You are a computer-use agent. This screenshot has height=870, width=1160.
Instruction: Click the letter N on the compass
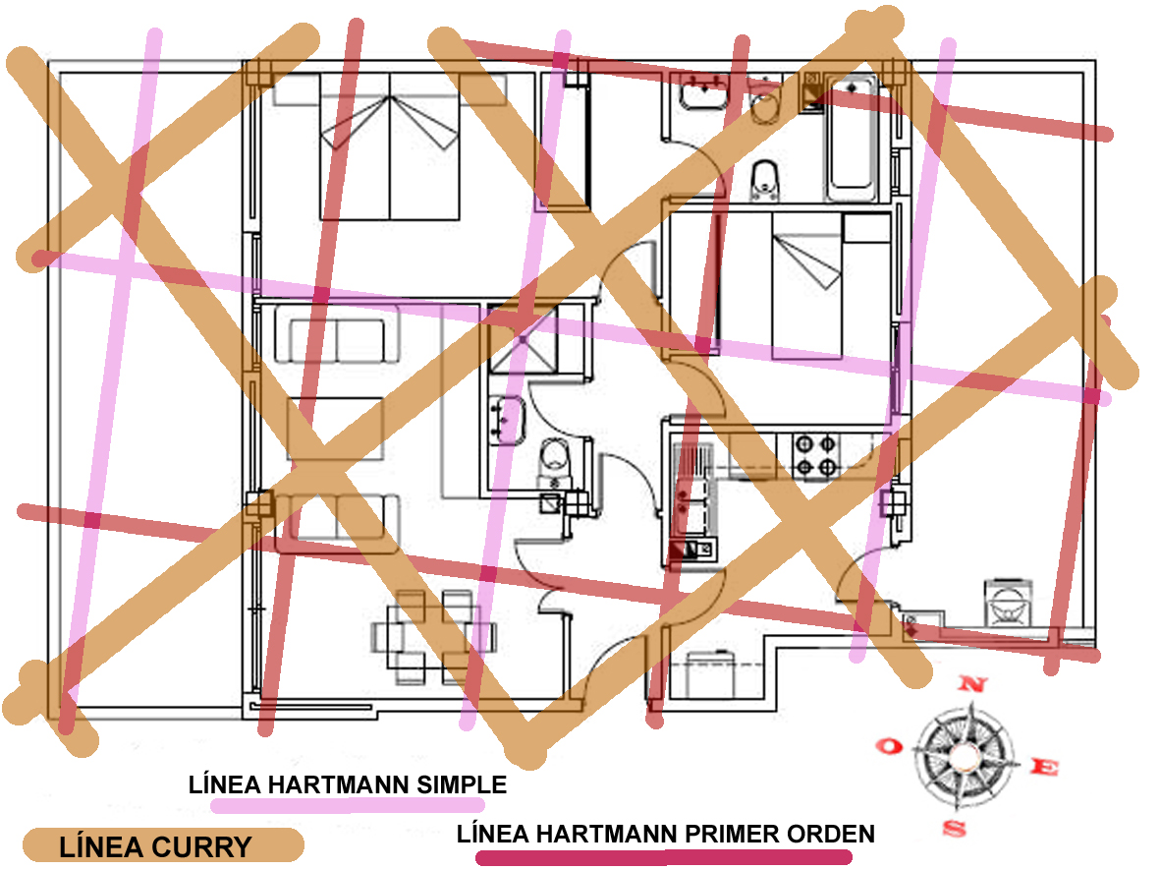[972, 683]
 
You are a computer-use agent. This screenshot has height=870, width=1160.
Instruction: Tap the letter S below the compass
[955, 828]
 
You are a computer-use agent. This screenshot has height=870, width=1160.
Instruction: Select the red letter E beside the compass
[1044, 767]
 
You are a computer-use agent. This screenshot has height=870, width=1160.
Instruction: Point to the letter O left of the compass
[889, 745]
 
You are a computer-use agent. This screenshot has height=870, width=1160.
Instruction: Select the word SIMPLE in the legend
[462, 784]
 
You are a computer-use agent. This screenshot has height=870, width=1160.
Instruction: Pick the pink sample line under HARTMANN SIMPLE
[348, 805]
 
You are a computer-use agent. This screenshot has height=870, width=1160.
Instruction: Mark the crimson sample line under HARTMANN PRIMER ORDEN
[664, 858]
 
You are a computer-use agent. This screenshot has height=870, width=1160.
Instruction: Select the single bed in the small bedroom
[807, 286]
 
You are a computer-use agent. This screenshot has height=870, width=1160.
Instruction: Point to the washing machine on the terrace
[1008, 602]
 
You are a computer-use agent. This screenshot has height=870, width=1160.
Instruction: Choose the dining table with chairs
[433, 636]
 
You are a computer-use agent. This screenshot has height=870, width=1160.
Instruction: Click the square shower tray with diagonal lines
[523, 340]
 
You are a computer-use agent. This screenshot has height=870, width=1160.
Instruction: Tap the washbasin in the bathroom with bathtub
[703, 91]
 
